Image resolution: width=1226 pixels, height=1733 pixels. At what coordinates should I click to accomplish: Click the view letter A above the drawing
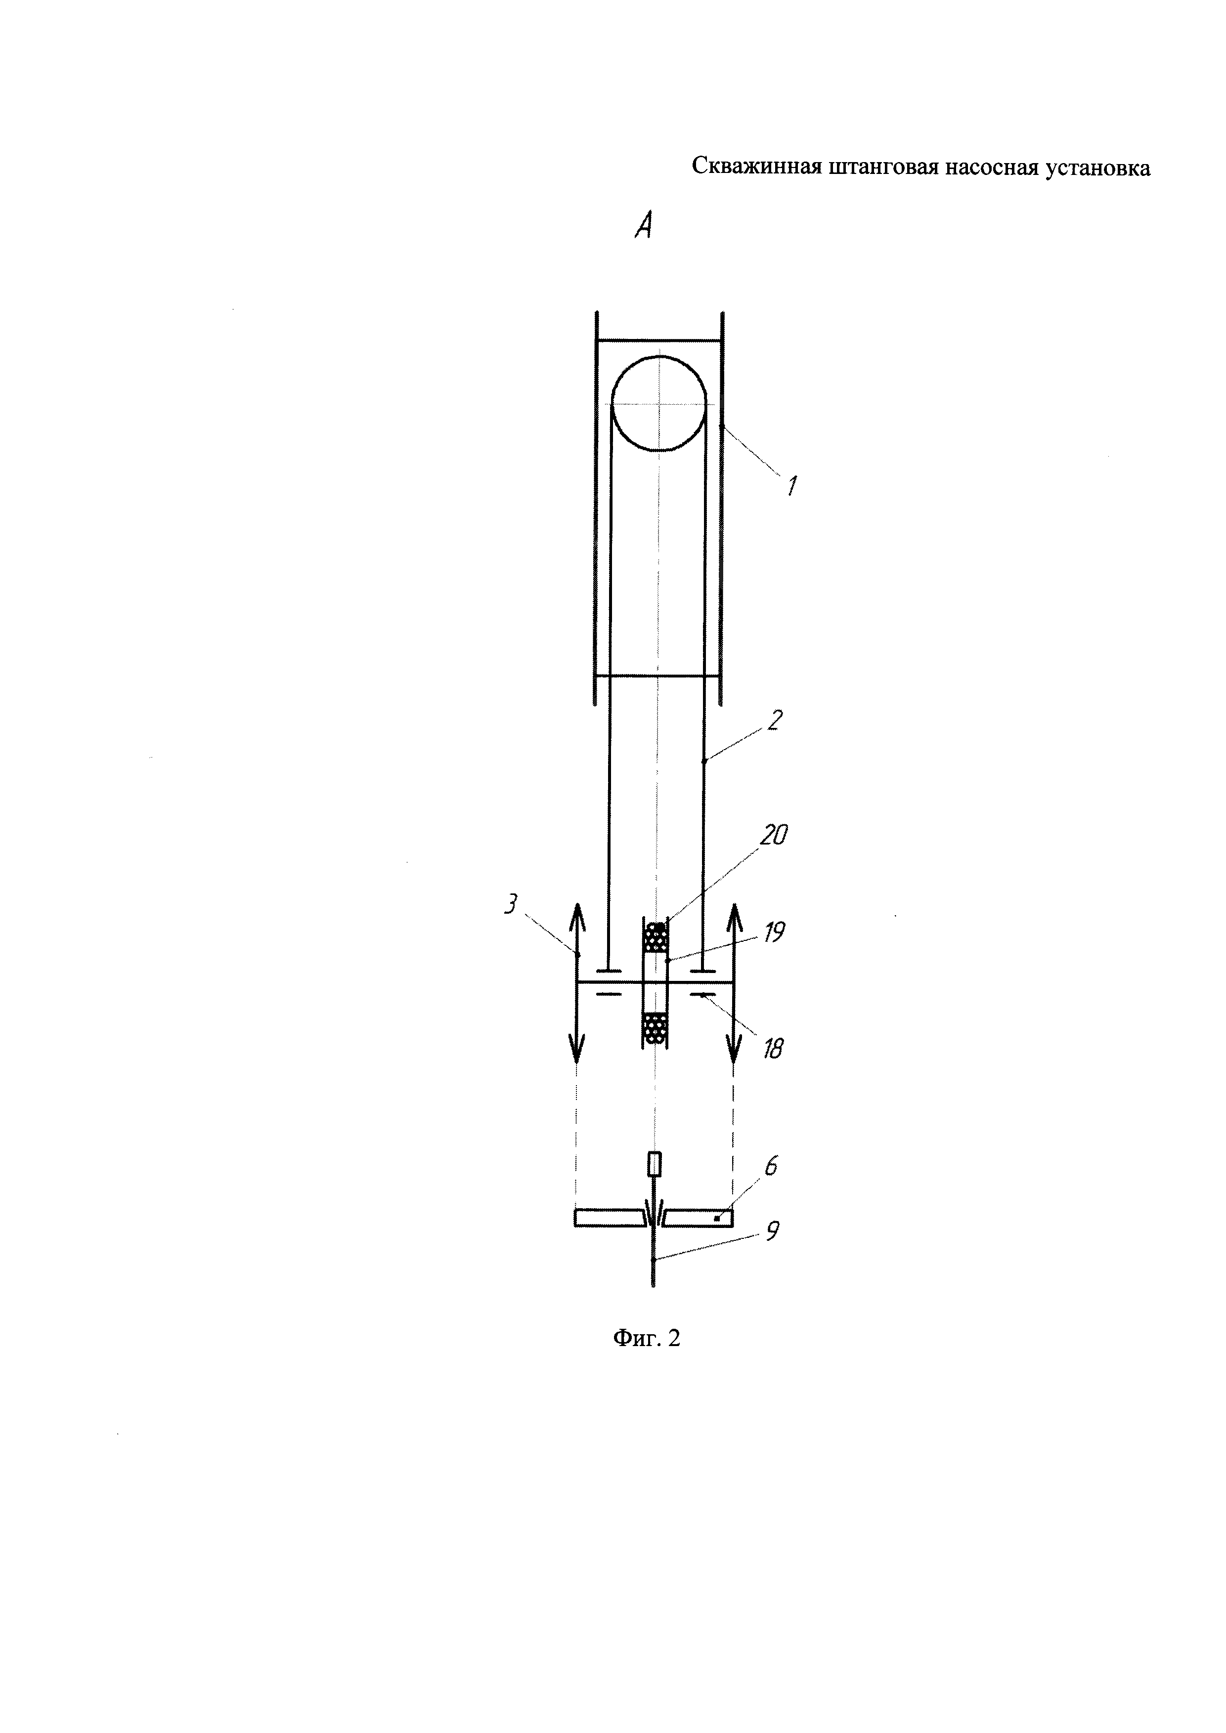(643, 225)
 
